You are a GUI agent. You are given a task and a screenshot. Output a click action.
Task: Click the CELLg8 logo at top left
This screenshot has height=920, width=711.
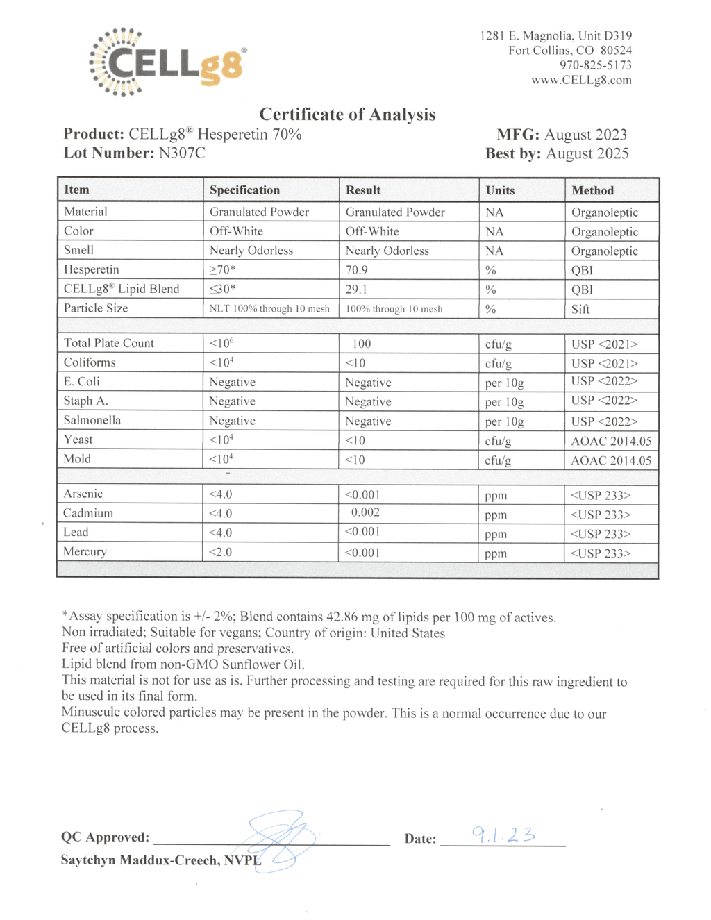[x=167, y=62]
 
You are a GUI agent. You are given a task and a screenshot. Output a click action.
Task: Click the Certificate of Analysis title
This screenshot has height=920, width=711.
[x=347, y=115]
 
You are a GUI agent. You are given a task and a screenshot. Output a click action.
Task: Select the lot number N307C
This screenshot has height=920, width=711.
[x=182, y=153]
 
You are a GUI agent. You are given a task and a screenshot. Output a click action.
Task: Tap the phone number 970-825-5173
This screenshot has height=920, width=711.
[x=596, y=65]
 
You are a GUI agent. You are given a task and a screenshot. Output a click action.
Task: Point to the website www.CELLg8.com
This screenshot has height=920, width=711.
[x=581, y=80]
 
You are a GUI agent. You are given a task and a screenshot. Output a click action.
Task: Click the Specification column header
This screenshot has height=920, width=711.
[x=244, y=190]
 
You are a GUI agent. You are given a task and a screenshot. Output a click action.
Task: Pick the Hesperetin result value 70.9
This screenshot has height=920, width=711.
[x=357, y=270]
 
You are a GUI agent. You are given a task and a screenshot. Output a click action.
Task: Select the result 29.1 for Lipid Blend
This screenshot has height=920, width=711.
[x=357, y=290]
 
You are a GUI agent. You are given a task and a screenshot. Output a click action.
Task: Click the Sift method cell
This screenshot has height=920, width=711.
[x=580, y=310]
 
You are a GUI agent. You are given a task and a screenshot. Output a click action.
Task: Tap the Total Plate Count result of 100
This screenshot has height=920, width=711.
[x=361, y=344]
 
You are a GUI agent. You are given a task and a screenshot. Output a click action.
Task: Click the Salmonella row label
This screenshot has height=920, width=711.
[x=92, y=421]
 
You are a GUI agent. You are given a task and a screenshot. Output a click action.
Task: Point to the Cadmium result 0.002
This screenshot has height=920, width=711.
[x=365, y=513]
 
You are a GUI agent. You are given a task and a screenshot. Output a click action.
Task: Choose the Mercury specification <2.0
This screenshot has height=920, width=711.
[x=221, y=553]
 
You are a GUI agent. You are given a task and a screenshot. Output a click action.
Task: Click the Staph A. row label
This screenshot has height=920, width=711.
[x=86, y=401]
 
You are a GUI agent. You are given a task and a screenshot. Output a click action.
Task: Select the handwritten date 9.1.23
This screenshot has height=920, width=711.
[x=503, y=835]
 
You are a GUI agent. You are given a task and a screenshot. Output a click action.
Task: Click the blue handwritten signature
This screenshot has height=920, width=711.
[x=278, y=840]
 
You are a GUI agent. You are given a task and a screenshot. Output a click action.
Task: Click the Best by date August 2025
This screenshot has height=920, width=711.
[x=587, y=153]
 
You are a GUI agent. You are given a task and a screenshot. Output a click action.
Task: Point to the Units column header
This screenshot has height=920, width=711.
[x=500, y=190]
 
